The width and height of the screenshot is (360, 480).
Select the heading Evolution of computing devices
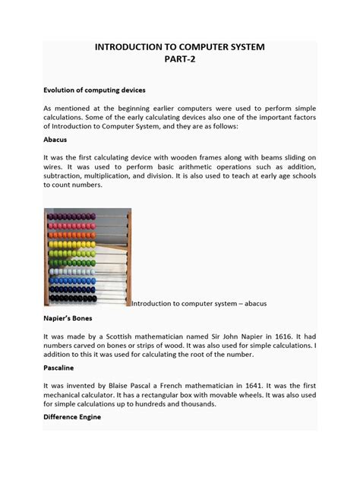click(x=94, y=90)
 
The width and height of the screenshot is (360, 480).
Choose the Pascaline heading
click(x=58, y=368)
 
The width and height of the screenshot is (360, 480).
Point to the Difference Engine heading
click(x=72, y=417)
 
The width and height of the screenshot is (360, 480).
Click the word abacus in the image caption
click(x=250, y=304)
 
